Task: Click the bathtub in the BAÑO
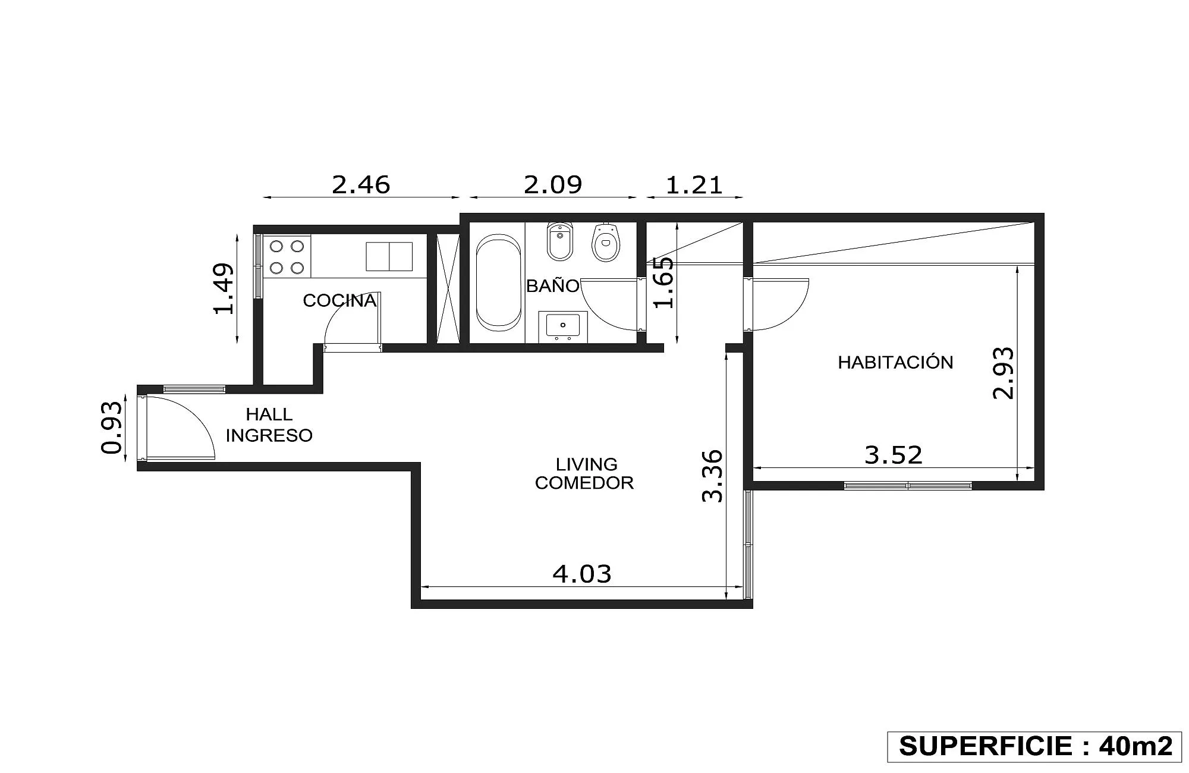tap(498, 282)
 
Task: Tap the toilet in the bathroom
tap(605, 243)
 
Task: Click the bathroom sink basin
tap(563, 326)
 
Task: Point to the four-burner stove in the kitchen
tap(287, 256)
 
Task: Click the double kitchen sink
tap(389, 256)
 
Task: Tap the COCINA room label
tap(339, 300)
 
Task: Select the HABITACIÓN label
tap(895, 362)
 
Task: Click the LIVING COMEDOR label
tap(584, 473)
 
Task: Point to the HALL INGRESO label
tap(269, 425)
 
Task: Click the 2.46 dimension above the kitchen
tap(361, 185)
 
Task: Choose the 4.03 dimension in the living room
tap(582, 574)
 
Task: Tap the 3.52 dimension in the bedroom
tap(894, 455)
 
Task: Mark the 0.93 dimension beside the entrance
tap(112, 428)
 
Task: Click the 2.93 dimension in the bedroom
tap(1004, 373)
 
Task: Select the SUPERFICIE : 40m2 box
tap(1035, 746)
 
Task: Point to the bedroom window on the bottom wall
tap(908, 486)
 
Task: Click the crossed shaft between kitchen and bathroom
tap(448, 289)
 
